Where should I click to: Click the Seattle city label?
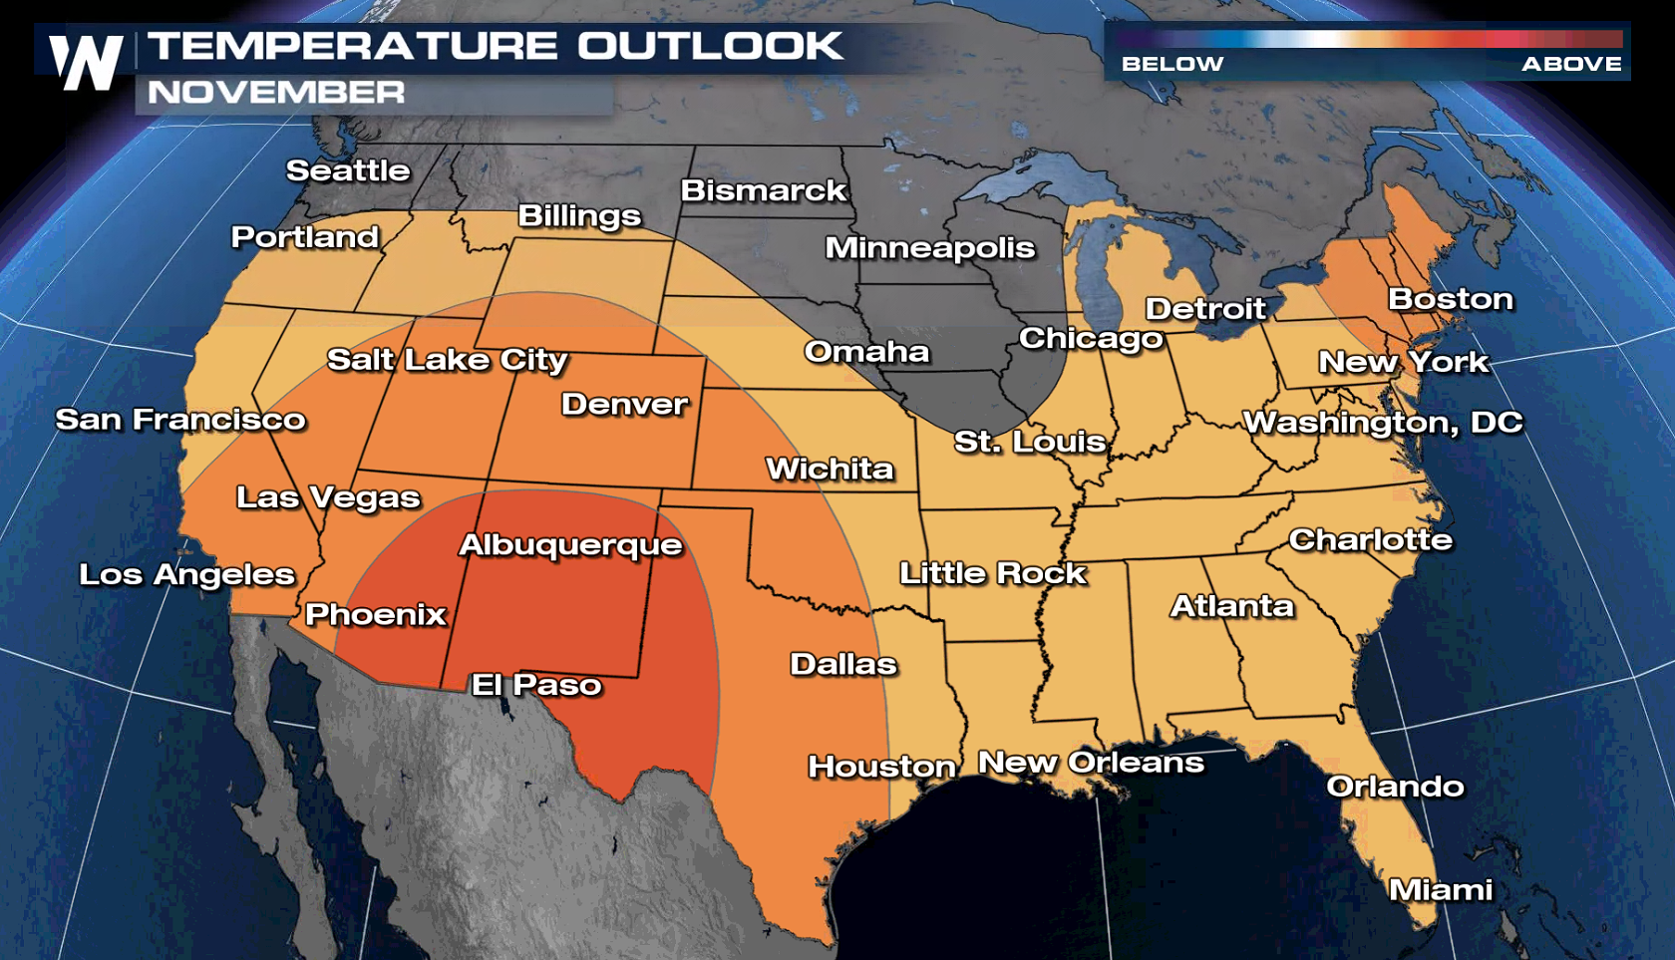click(348, 170)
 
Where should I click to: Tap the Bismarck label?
click(763, 190)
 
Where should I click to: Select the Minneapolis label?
click(929, 247)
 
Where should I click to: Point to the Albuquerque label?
click(570, 544)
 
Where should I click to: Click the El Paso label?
click(536, 684)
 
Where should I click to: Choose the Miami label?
click(1440, 889)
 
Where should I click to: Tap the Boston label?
click(1450, 298)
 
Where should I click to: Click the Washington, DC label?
click(1383, 422)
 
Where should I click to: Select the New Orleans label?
click(1091, 762)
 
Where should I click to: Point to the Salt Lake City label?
click(447, 359)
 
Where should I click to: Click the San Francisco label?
click(180, 419)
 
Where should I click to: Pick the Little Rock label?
click(992, 572)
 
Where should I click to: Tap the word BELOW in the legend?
click(1172, 64)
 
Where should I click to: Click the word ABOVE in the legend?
click(1571, 64)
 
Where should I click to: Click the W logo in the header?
click(87, 62)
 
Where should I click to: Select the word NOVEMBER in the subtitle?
click(276, 93)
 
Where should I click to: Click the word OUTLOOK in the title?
click(710, 46)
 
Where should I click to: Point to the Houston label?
click(881, 766)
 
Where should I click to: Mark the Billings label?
click(579, 215)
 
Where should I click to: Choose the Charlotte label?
click(1370, 539)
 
